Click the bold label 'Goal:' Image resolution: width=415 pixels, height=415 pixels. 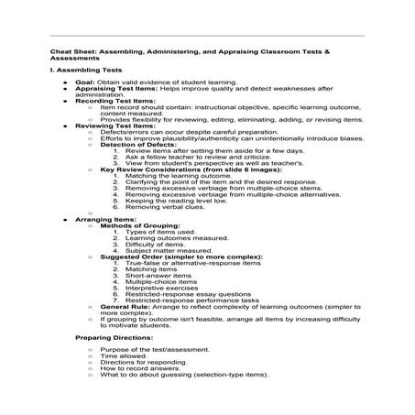point(91,82)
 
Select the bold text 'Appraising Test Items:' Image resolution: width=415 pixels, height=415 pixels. point(115,88)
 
